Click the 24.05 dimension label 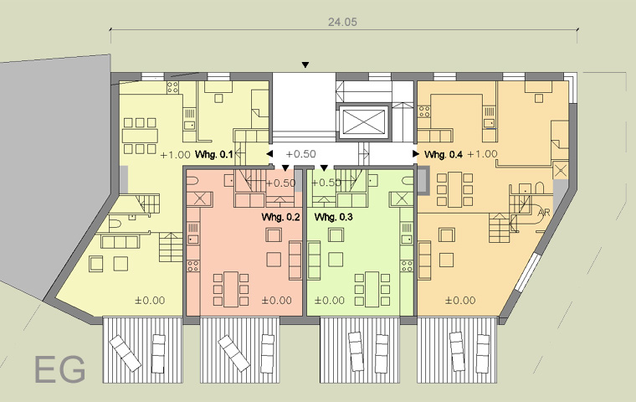[x=342, y=22]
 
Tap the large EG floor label [x=60, y=369]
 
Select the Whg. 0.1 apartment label [x=214, y=155]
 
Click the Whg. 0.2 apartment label [x=280, y=217]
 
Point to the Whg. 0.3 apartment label [x=333, y=217]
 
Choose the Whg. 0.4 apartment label [x=444, y=155]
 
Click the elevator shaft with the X [x=363, y=121]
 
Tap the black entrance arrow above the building [x=305, y=65]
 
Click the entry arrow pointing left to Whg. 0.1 [x=269, y=154]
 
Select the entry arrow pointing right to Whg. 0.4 [x=416, y=154]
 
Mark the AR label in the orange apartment [x=543, y=213]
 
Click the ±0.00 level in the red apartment [x=277, y=301]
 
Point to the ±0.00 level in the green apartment [x=330, y=301]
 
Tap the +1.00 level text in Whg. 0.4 [x=482, y=154]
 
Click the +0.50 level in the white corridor [x=301, y=154]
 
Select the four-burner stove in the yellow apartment [x=172, y=87]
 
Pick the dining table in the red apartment [x=231, y=289]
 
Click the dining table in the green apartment [x=372, y=289]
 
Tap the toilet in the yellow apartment [x=115, y=223]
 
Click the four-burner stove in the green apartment [x=407, y=266]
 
